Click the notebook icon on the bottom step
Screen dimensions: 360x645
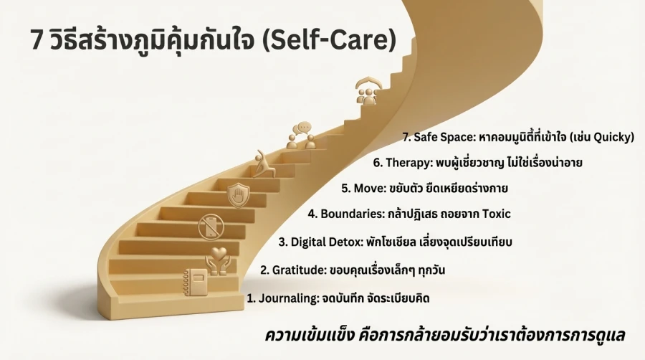click(195, 281)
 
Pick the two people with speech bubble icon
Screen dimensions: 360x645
click(302, 136)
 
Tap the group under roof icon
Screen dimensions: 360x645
click(368, 93)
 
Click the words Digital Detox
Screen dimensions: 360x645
click(324, 241)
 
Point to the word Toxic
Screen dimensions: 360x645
click(494, 213)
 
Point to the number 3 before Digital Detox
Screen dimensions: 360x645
click(283, 242)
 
